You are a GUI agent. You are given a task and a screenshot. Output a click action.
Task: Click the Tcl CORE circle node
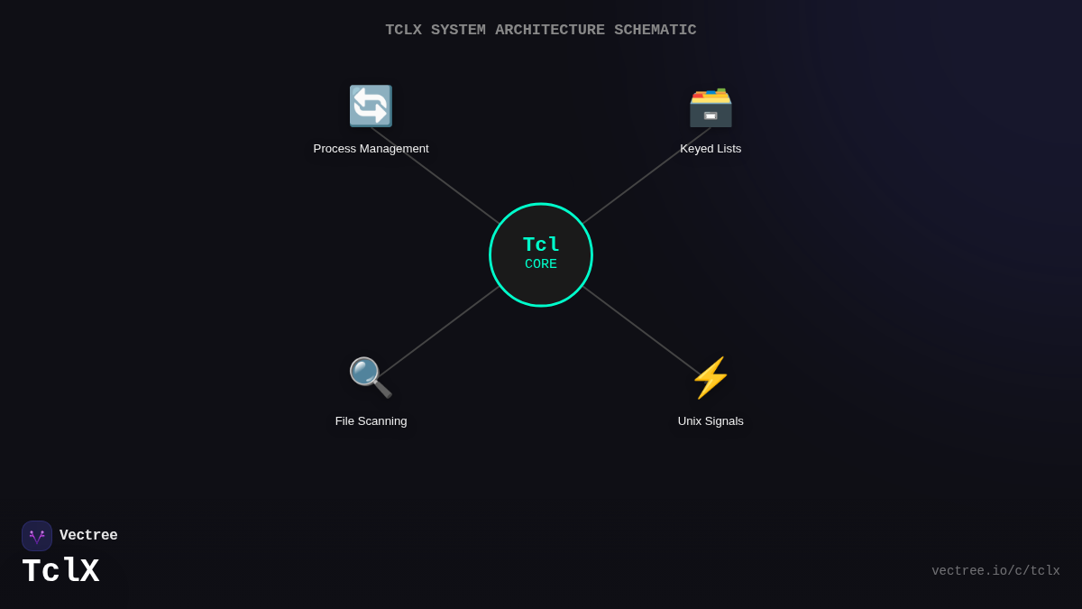point(541,254)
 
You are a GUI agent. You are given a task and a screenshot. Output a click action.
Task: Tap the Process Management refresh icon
point(371,106)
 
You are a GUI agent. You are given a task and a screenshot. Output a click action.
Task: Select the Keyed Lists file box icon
point(711,106)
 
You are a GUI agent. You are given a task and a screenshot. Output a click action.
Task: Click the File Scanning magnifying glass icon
point(371,377)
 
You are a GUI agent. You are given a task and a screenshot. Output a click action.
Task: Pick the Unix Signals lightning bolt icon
point(711,377)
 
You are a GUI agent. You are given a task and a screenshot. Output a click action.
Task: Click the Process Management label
point(371,149)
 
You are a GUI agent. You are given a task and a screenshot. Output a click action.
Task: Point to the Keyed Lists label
point(711,149)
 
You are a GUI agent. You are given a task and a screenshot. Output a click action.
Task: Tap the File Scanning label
point(371,421)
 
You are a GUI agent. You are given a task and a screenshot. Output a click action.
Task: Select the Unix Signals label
point(711,421)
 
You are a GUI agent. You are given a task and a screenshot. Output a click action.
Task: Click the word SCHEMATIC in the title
point(656,30)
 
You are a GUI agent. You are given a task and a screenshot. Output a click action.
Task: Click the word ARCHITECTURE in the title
point(550,30)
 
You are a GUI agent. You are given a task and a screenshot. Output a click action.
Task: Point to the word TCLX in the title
point(403,30)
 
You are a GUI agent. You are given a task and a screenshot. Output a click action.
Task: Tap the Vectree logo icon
point(37,536)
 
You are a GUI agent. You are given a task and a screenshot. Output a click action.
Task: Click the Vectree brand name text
point(88,536)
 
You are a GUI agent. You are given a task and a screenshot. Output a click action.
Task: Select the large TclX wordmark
point(60,572)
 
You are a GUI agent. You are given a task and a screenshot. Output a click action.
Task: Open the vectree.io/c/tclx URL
point(995,571)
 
